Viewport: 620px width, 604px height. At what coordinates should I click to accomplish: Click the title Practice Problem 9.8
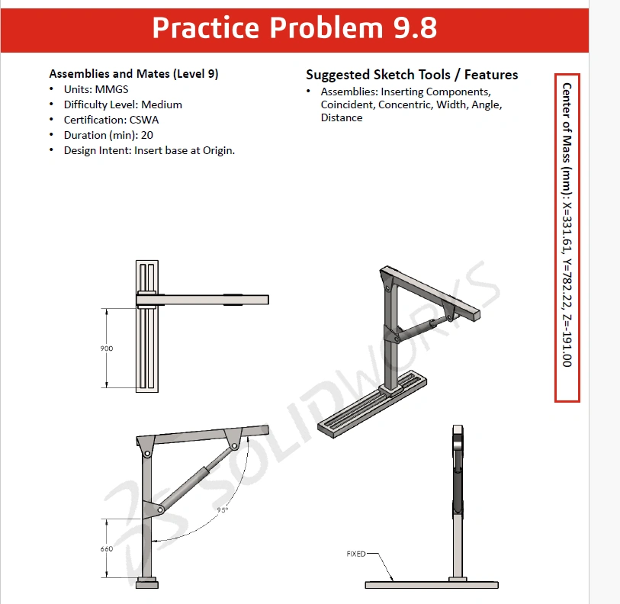click(x=294, y=27)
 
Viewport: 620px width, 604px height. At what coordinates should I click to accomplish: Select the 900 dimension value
click(x=106, y=349)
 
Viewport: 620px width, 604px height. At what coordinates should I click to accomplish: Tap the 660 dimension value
click(x=106, y=549)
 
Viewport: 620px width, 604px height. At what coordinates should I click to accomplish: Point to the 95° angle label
click(x=223, y=510)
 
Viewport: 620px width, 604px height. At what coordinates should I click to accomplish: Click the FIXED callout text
click(x=356, y=554)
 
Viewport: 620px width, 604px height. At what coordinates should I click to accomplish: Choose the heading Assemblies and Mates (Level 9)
click(x=133, y=74)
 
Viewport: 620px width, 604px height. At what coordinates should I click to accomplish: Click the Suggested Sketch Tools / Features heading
click(x=412, y=75)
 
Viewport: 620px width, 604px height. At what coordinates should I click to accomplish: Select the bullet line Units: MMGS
click(x=96, y=89)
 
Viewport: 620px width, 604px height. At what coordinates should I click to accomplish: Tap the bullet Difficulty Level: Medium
click(x=123, y=104)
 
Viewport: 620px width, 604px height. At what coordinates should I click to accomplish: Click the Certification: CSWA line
click(x=111, y=120)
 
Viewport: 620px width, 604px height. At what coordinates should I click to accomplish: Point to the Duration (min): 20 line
click(x=108, y=135)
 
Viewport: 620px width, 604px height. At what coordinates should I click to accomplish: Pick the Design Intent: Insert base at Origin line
click(x=149, y=151)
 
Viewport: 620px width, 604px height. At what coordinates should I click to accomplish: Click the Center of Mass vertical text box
click(x=567, y=238)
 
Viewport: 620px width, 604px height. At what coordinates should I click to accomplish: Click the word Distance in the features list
click(x=342, y=118)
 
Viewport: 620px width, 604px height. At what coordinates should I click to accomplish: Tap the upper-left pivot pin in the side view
click(x=147, y=453)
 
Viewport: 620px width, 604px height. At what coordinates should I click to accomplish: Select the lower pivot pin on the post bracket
click(x=159, y=509)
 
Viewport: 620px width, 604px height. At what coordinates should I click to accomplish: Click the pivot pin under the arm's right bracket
click(x=234, y=446)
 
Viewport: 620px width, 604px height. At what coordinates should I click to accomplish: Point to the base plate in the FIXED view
click(x=432, y=585)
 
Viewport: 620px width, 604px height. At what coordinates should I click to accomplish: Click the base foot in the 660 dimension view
click(x=147, y=583)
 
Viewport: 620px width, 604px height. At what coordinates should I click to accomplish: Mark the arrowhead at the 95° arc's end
click(x=155, y=541)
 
